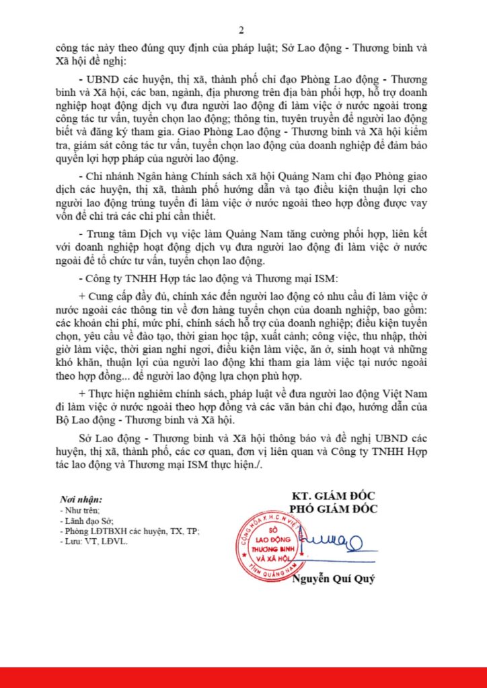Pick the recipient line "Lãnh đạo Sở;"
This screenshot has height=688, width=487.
pos(85,521)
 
